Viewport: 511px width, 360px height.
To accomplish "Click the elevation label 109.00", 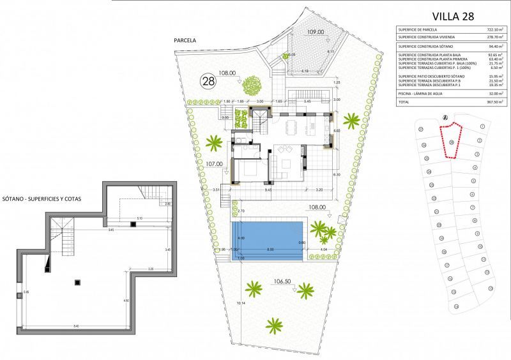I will (316, 31).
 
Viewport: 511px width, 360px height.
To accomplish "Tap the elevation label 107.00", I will (215, 163).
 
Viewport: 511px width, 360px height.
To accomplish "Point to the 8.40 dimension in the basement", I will (76, 327).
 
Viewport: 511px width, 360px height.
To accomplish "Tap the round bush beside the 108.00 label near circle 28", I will (251, 83).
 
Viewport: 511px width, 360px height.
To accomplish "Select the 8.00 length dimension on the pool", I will (270, 250).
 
